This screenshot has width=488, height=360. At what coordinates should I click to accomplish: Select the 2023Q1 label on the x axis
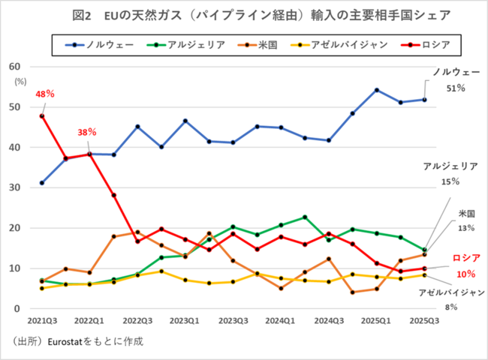[x=185, y=319]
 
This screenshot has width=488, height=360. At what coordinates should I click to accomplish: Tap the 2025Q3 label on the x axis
[x=424, y=319]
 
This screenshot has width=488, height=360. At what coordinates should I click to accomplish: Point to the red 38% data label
[x=87, y=132]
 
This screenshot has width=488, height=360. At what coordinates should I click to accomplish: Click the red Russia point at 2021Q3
[x=42, y=115]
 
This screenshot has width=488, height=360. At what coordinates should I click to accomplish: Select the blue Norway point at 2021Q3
[x=42, y=182]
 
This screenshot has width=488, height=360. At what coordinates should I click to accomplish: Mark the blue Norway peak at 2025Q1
[x=376, y=90]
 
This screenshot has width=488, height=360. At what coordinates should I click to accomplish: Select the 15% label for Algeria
[x=450, y=181]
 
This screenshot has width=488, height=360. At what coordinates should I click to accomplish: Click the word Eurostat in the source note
[x=63, y=341]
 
